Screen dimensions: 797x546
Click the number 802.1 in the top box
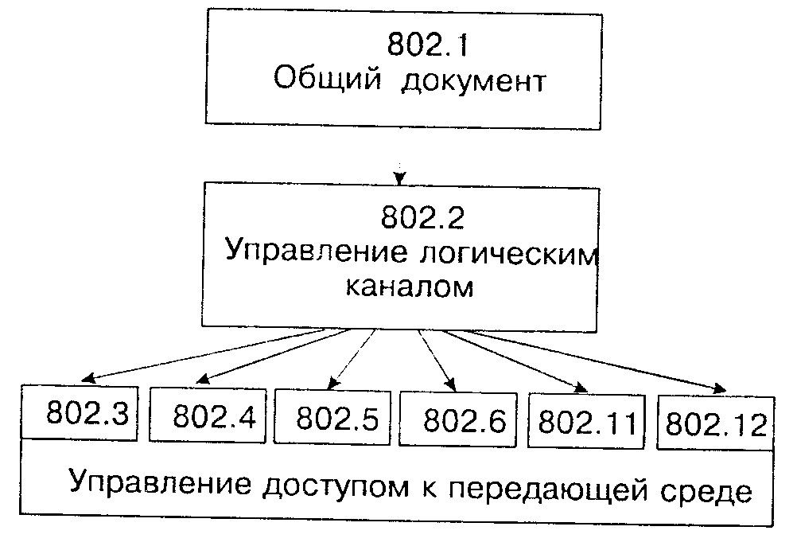click(x=427, y=45)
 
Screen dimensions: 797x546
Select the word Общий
click(x=328, y=80)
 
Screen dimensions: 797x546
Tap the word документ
click(x=473, y=82)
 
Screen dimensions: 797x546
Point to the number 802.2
click(x=422, y=217)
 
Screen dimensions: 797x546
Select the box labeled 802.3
click(x=80, y=411)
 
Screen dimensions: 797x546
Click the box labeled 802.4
click(x=208, y=415)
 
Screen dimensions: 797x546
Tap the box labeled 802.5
click(x=332, y=418)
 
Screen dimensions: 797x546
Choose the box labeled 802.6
click(x=458, y=419)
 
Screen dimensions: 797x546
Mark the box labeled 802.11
click(x=586, y=421)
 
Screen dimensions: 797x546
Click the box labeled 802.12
click(x=716, y=423)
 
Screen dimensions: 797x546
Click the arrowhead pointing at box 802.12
click(x=719, y=388)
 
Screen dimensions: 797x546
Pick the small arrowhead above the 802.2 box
click(x=401, y=178)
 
